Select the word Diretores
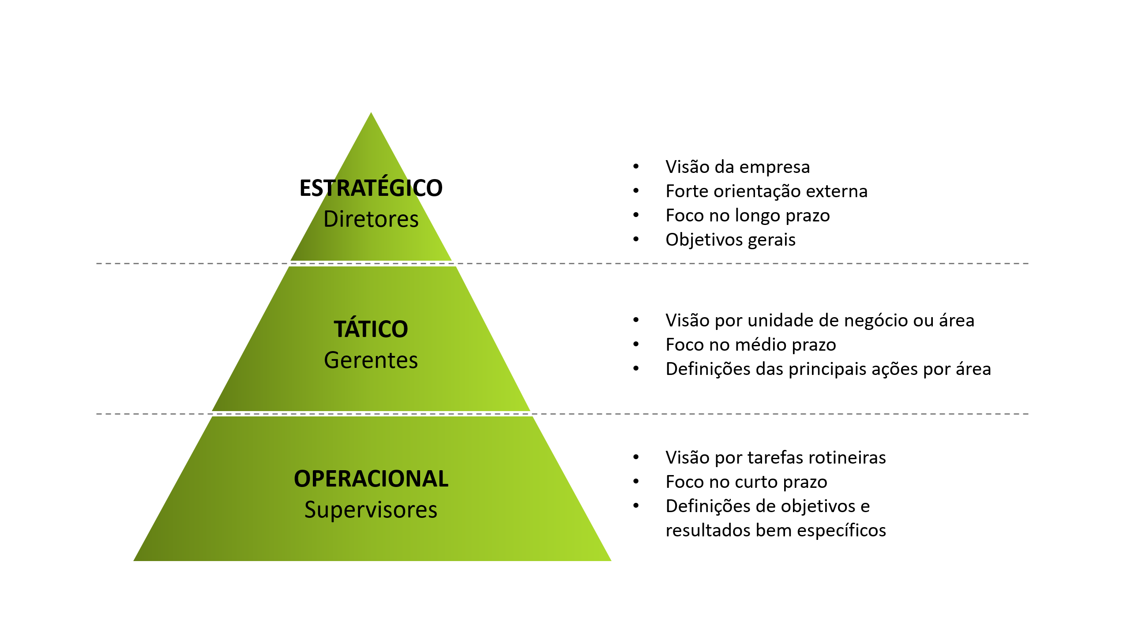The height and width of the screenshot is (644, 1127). (x=371, y=219)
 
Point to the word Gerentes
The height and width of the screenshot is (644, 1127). (x=371, y=360)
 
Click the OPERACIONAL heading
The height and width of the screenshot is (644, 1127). (x=371, y=479)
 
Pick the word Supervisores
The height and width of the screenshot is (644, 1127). (x=371, y=510)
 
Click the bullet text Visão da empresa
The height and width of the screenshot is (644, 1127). (x=738, y=167)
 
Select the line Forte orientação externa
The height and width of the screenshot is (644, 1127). (x=766, y=191)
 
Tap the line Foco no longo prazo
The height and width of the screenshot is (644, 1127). (x=748, y=216)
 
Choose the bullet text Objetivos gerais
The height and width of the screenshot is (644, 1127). (x=731, y=240)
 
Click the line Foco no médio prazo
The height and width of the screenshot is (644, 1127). (x=751, y=345)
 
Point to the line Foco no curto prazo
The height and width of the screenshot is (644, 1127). (x=747, y=482)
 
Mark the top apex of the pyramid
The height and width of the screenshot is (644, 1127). (x=371, y=112)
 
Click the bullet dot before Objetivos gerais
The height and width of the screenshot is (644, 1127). (x=636, y=239)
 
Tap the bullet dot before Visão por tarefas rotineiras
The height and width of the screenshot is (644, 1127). (x=636, y=457)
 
